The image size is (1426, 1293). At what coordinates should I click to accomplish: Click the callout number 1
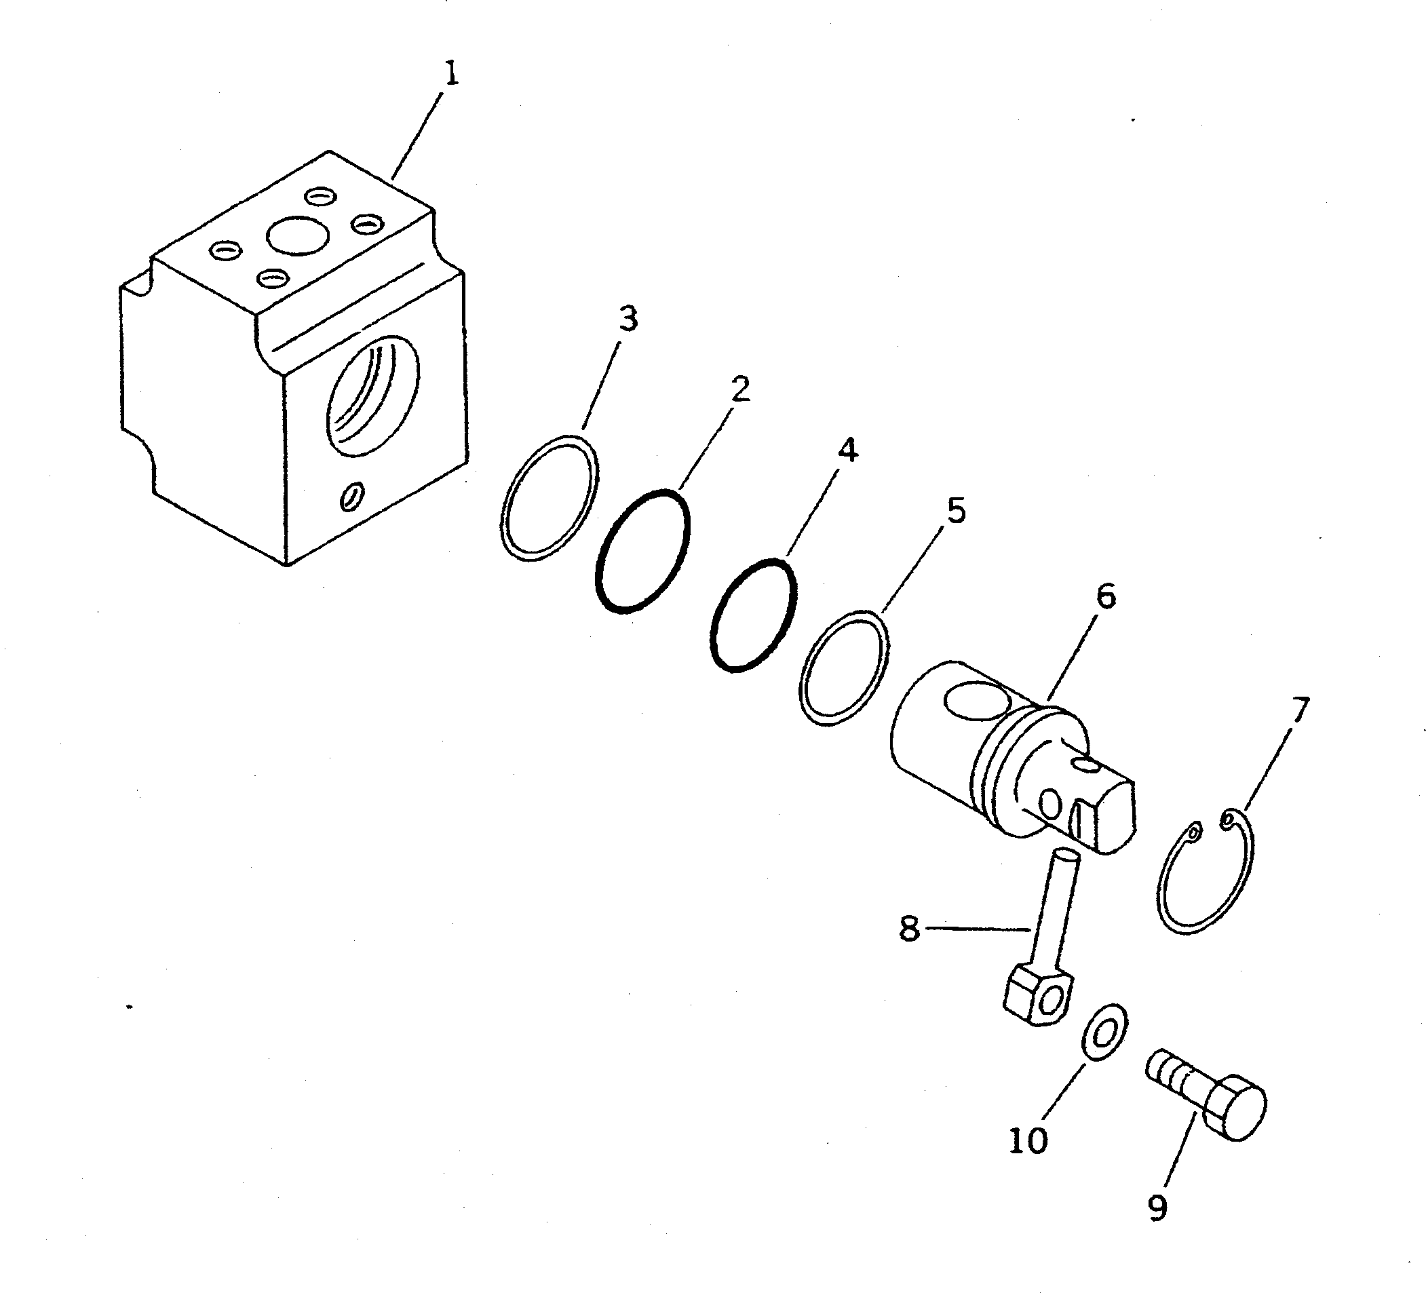(x=451, y=74)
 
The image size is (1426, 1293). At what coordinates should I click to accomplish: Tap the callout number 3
(x=628, y=319)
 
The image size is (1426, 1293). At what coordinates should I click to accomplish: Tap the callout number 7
(x=1300, y=711)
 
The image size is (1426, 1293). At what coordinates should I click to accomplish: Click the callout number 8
(x=909, y=928)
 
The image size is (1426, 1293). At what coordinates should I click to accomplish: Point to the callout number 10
(x=1028, y=1140)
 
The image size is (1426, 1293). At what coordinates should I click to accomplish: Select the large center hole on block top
(x=298, y=234)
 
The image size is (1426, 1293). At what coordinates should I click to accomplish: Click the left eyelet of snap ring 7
(x=1195, y=833)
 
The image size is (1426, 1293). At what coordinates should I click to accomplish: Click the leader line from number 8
(x=976, y=928)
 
